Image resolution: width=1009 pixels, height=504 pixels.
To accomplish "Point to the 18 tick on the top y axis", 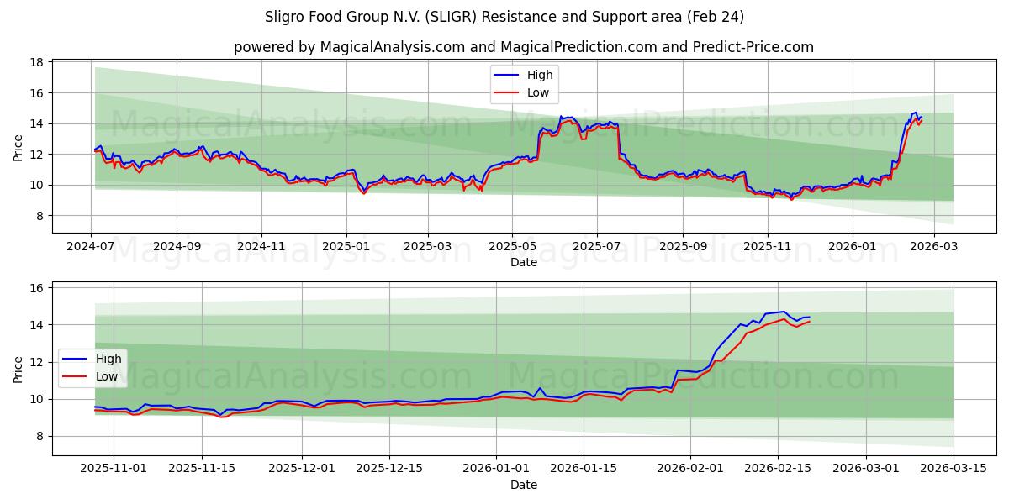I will tap(37, 62).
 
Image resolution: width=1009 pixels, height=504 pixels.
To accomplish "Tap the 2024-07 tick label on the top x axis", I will tap(92, 247).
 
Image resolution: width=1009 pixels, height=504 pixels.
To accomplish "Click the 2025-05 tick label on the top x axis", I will tap(512, 247).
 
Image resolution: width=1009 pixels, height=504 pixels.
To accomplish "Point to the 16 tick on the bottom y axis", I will tap(37, 288).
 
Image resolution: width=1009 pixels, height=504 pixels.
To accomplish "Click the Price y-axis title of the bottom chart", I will tap(18, 369).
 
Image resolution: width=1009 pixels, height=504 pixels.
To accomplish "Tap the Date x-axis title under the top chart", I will tap(523, 262).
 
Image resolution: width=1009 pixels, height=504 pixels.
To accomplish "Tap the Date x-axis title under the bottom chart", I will tap(523, 485).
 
